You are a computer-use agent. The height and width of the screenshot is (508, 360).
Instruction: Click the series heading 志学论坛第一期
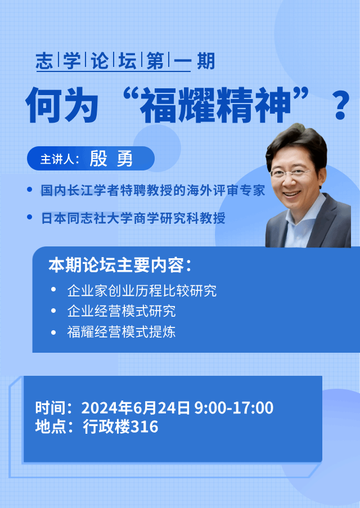125,61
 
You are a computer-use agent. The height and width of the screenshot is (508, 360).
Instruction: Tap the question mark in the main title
341,105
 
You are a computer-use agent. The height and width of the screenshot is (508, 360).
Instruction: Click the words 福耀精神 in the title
215,106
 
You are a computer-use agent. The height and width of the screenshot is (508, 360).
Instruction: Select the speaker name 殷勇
111,159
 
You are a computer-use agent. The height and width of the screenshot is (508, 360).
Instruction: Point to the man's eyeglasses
290,173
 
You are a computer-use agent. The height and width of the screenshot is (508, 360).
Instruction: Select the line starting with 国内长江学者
152,190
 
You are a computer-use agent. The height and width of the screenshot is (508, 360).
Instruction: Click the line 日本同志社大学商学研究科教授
133,218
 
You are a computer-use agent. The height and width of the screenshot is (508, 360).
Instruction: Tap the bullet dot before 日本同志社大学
30,217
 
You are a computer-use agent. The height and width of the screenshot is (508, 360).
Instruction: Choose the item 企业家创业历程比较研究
142,291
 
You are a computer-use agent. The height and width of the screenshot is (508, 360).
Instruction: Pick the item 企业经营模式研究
121,311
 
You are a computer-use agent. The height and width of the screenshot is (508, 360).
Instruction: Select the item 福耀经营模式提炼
121,332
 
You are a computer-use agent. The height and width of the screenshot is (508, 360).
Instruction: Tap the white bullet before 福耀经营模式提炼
54,332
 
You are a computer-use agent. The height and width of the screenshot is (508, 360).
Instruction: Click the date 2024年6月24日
136,407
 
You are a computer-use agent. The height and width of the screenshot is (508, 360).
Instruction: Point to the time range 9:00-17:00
233,407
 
